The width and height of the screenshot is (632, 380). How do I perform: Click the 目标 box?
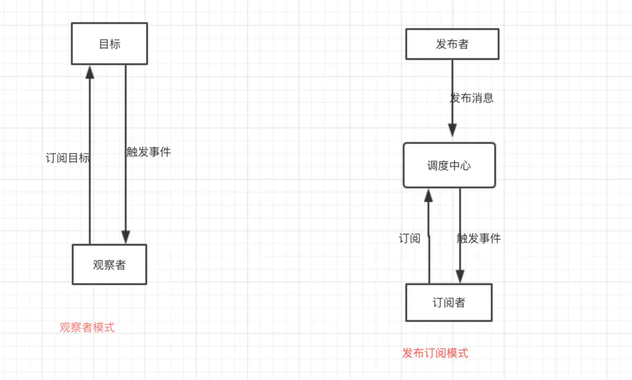(x=109, y=44)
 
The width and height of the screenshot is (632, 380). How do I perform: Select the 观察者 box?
(x=109, y=264)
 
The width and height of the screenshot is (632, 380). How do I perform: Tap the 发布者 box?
(x=452, y=44)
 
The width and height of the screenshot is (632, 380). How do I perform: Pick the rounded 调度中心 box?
(x=449, y=166)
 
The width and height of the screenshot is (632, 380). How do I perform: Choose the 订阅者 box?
(x=449, y=302)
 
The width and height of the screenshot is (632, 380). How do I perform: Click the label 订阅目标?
(x=68, y=158)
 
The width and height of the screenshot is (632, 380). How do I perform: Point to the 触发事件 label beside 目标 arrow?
(x=149, y=152)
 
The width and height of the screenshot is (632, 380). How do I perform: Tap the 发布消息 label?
(x=471, y=98)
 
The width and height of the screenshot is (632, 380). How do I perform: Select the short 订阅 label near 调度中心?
(x=410, y=238)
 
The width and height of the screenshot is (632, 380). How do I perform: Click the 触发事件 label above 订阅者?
(x=478, y=238)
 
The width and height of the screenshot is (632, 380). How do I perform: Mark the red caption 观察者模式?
(x=87, y=328)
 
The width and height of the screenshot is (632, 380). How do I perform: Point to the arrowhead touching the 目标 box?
(x=90, y=71)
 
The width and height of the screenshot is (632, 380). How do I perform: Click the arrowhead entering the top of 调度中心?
(x=453, y=130)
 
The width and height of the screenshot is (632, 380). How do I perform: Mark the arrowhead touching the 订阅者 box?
(x=460, y=276)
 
